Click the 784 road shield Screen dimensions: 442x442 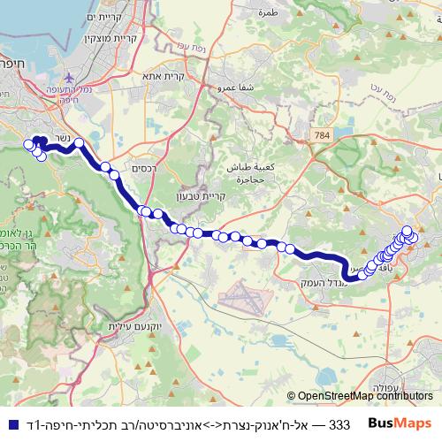[324, 135]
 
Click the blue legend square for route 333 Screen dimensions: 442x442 [9, 423]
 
